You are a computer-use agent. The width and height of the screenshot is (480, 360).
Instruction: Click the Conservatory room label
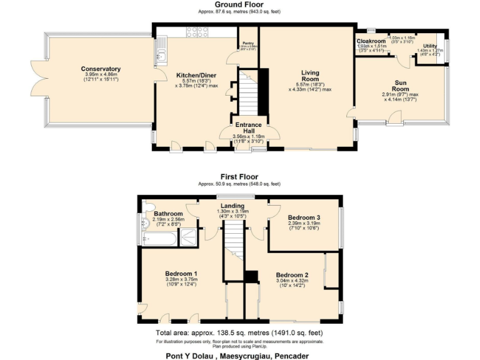coord(101,69)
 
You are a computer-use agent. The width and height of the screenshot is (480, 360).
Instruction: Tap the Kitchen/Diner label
coord(196,74)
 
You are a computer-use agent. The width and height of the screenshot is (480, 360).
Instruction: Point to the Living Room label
coord(309,76)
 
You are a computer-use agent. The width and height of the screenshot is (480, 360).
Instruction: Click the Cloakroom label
coord(371,41)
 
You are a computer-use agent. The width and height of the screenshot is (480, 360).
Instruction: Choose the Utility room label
coord(429,46)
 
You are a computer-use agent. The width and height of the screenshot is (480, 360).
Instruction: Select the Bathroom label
coord(168,213)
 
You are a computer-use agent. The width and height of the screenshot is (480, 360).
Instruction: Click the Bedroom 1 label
coord(181,274)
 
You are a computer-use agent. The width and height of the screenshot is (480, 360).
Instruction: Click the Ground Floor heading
coord(239,4)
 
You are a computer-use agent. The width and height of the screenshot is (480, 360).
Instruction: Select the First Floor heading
coord(239,177)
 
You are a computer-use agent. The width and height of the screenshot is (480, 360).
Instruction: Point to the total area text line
coord(239,333)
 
